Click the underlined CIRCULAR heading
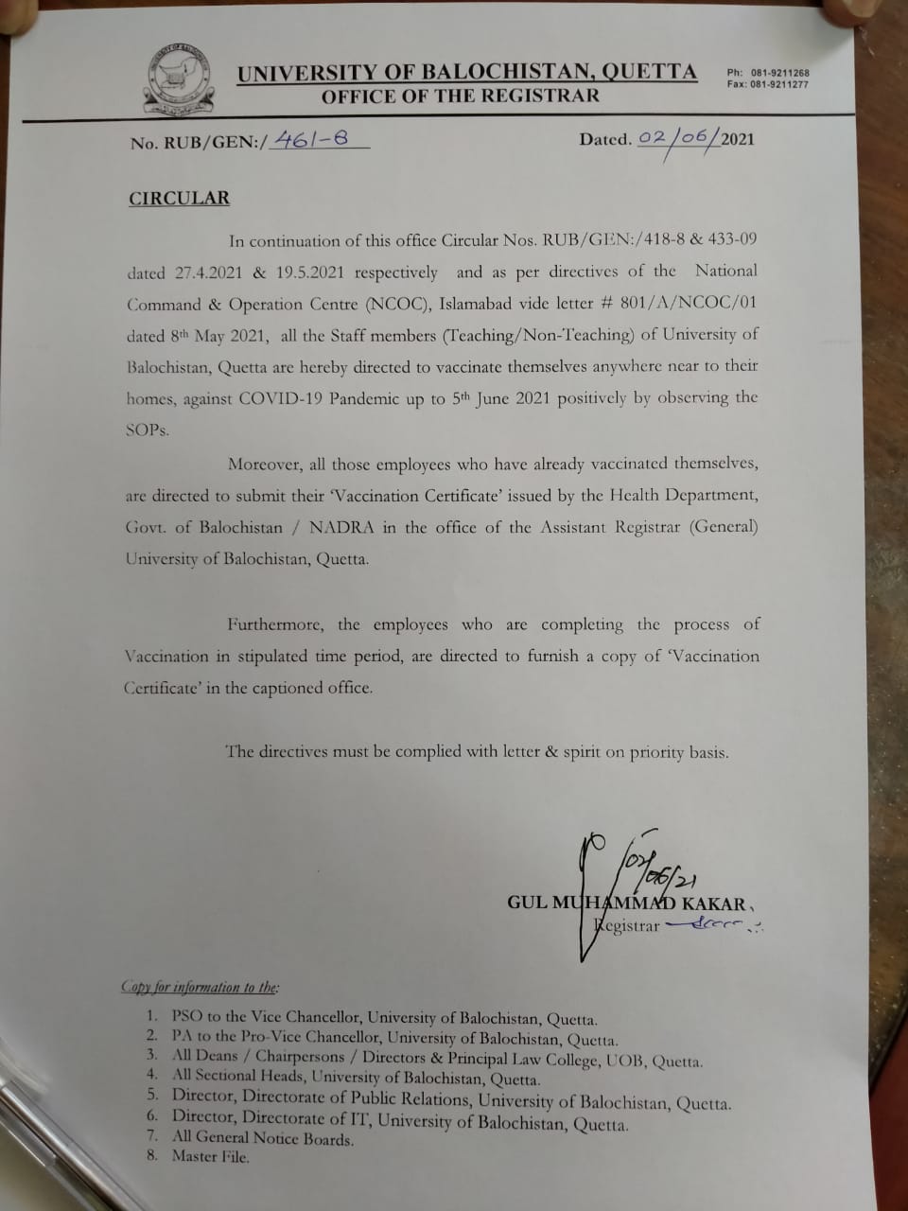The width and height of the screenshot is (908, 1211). (x=179, y=198)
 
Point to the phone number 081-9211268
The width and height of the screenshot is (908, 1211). (x=780, y=73)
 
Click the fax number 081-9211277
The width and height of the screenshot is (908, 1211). (x=780, y=85)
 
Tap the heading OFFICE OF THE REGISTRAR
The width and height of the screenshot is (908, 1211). (x=460, y=96)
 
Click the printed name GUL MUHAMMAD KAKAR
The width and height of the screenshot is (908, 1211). (x=626, y=903)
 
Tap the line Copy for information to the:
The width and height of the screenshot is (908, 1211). (x=201, y=987)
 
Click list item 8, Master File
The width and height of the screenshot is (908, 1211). (x=210, y=1156)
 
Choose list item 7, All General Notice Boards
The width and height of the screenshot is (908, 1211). (x=262, y=1138)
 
